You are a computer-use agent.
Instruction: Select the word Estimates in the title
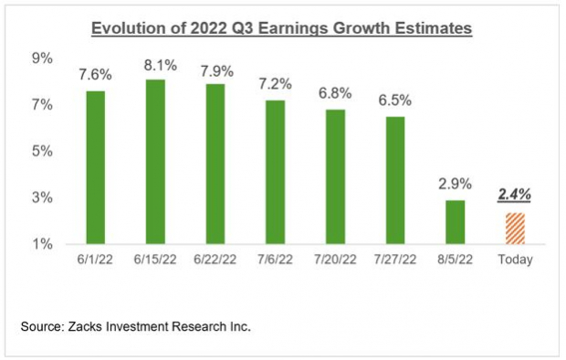[x=431, y=29]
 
